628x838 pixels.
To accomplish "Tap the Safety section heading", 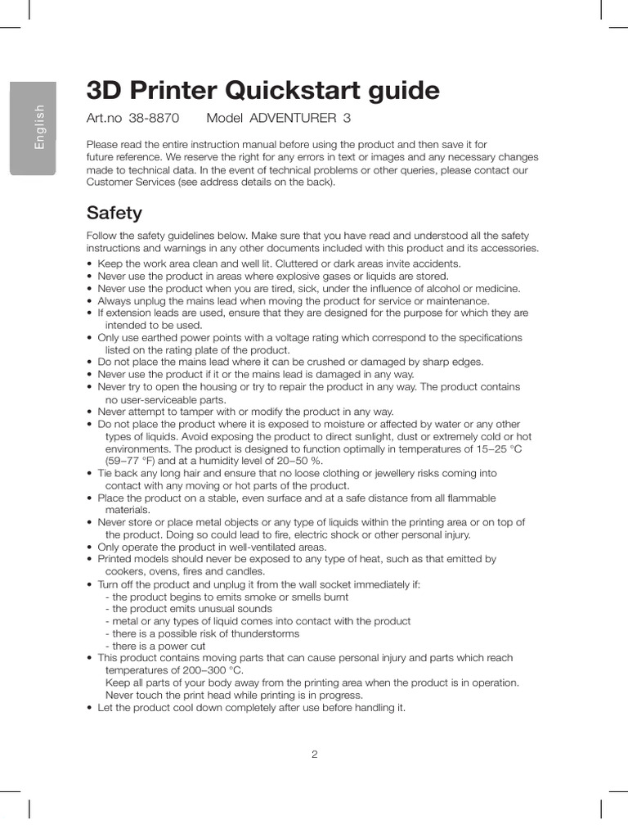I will pos(114,213).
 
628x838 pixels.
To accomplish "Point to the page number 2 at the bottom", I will pos(314,755).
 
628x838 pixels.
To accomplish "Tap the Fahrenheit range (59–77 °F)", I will pos(136,461).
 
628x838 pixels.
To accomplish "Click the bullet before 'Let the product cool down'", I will pos(89,708).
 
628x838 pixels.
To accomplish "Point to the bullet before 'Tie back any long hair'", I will pos(89,474).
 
